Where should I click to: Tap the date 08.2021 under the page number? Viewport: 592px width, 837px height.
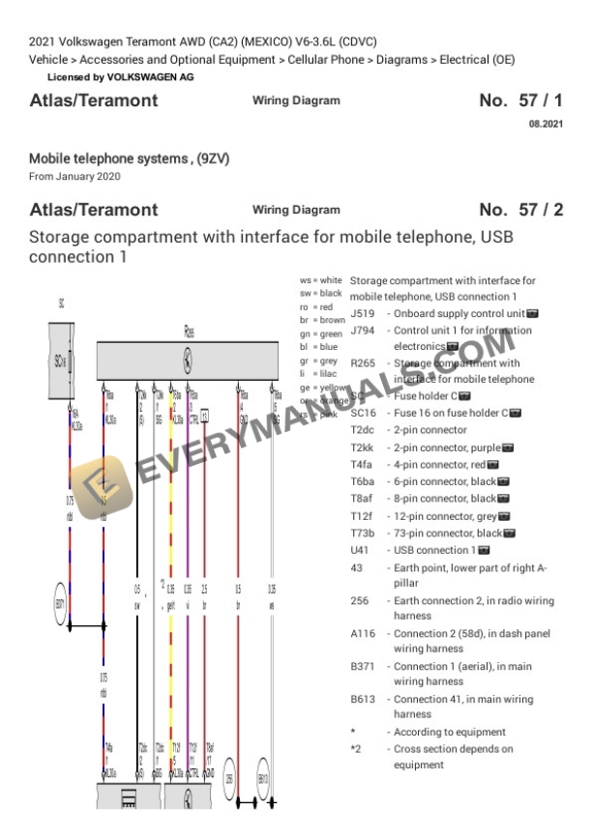[x=546, y=125]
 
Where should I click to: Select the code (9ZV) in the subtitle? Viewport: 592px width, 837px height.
[x=213, y=158]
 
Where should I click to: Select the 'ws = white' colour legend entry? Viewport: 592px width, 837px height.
[x=321, y=280]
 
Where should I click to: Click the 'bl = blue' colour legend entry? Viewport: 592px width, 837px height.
[x=318, y=345]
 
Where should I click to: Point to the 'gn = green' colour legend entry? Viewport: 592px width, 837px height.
[x=321, y=332]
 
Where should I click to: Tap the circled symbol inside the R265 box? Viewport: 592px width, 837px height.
[x=188, y=361]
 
